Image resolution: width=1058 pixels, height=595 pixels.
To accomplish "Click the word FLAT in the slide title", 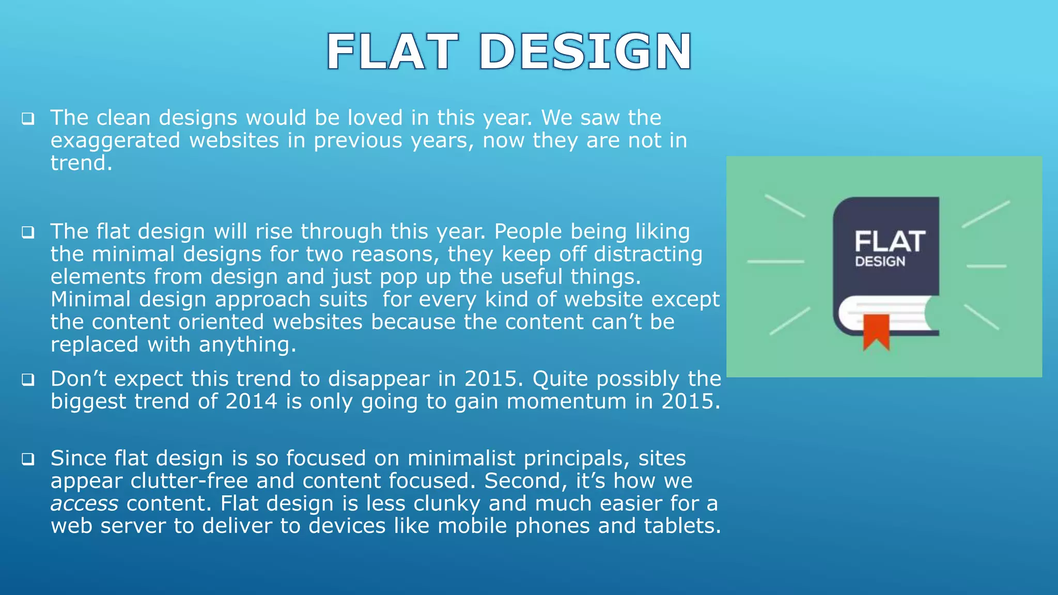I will tap(392, 52).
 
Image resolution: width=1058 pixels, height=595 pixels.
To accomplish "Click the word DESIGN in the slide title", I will tap(585, 52).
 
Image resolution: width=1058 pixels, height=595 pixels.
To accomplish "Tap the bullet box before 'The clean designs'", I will tap(28, 119).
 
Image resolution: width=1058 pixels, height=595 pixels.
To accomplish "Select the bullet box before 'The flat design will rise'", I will tap(28, 232).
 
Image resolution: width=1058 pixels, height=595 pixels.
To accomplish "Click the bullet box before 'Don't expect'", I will tap(28, 380).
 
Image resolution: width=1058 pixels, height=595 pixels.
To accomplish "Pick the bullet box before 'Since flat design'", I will tap(28, 459).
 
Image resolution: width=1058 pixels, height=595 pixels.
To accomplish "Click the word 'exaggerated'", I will tap(115, 141).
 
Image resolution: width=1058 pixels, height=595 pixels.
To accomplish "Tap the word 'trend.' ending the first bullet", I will tap(81, 163).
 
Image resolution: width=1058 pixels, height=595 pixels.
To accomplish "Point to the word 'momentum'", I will tap(566, 401).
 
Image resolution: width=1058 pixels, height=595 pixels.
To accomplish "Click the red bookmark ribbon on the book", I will tap(876, 331).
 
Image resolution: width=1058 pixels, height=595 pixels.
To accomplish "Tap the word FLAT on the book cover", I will tap(890, 241).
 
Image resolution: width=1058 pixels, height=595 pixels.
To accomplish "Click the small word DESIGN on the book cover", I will tap(880, 262).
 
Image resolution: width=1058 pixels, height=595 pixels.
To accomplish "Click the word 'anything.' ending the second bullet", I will tap(247, 345).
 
